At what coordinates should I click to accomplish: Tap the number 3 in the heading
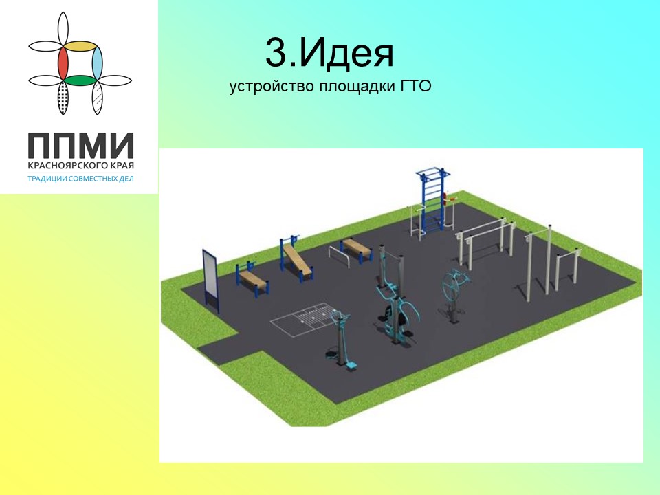tap(276, 53)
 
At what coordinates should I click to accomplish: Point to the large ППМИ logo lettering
tap(81, 145)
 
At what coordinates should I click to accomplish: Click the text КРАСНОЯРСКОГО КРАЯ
tap(81, 166)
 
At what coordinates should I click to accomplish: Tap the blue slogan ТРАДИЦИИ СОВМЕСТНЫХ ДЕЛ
tap(81, 179)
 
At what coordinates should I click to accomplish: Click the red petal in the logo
tap(63, 63)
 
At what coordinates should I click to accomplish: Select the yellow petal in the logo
tap(82, 46)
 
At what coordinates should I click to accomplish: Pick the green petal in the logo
tap(80, 80)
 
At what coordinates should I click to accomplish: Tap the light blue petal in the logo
tap(97, 63)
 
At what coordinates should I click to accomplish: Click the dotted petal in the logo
tap(63, 98)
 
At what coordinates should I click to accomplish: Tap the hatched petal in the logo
tap(97, 98)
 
